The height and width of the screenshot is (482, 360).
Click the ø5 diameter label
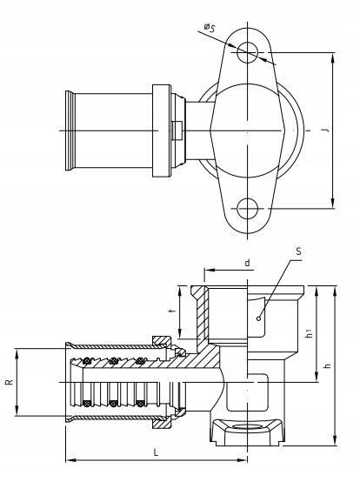pyautogui.click(x=210, y=28)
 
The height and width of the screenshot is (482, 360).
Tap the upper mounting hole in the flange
pyautogui.click(x=247, y=52)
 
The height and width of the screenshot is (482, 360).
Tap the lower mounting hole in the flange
pyautogui.click(x=247, y=209)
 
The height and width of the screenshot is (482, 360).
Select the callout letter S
pyautogui.click(x=298, y=251)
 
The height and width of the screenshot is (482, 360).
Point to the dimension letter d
pyautogui.click(x=247, y=263)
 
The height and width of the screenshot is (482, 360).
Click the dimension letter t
pyautogui.click(x=174, y=311)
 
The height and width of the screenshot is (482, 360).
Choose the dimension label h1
pyautogui.click(x=310, y=332)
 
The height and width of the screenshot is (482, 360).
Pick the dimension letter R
pyautogui.click(x=10, y=382)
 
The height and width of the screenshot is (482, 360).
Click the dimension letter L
pyautogui.click(x=156, y=452)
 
